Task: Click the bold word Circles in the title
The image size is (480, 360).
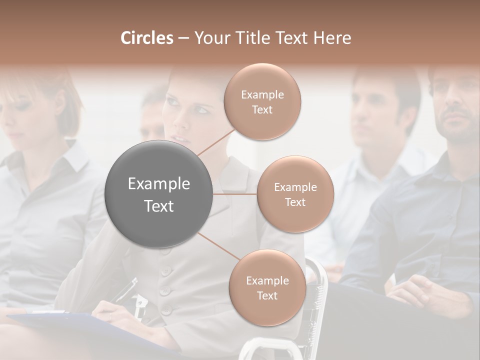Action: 146,38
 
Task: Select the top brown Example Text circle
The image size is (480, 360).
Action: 262,101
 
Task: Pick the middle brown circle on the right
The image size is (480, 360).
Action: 295,194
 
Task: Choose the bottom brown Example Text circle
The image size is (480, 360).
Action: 267,287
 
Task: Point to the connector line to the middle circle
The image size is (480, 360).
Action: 235,194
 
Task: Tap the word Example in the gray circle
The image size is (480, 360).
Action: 159,184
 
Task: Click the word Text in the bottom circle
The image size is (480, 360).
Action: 267,295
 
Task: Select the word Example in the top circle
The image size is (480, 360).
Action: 262,94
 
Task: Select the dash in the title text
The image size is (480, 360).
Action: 183,38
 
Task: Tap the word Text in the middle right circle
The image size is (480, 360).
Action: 295,202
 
